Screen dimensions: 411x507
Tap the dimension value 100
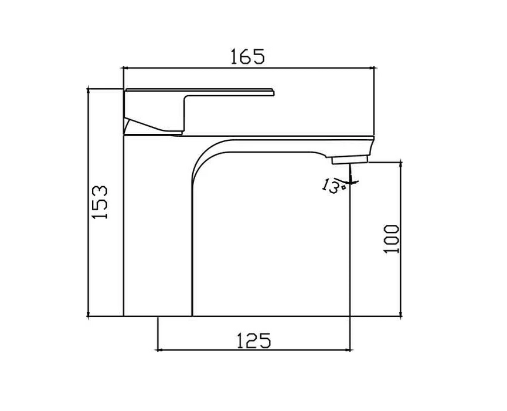pyautogui.click(x=392, y=238)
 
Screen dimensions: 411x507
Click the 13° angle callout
pyautogui.click(x=331, y=186)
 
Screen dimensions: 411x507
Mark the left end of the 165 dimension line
pyautogui.click(x=123, y=68)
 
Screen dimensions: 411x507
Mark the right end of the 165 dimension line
pyautogui.click(x=374, y=68)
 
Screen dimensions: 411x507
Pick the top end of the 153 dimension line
pyautogui.click(x=88, y=89)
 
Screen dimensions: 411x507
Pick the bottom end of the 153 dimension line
pyautogui.click(x=88, y=316)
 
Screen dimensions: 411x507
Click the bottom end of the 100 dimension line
pyautogui.click(x=401, y=316)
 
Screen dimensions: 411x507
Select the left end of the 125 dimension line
pyautogui.click(x=158, y=350)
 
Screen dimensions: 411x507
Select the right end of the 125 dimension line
pyautogui.click(x=350, y=350)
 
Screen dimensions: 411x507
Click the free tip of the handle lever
pyautogui.click(x=273, y=91)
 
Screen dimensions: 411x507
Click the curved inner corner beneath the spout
pyautogui.click(x=202, y=156)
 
